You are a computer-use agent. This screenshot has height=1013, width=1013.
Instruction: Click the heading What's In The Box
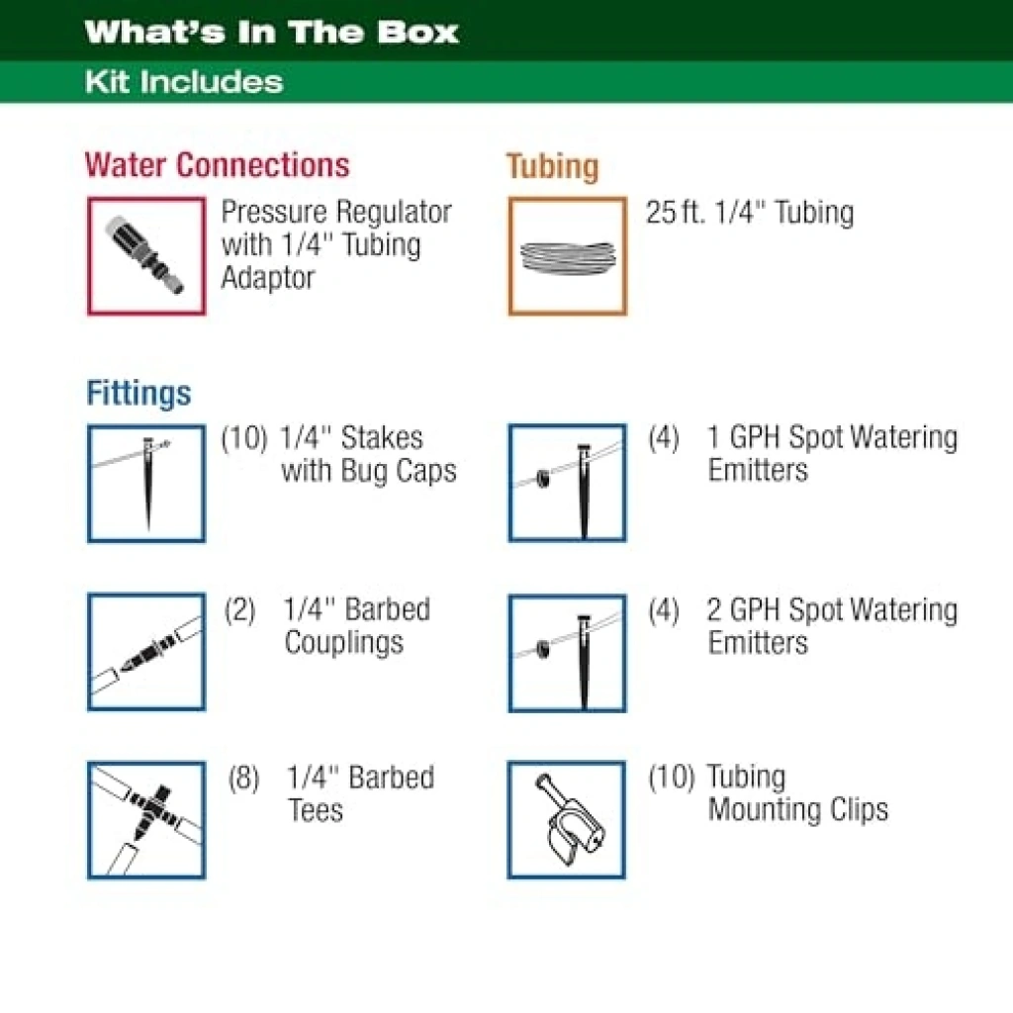click(271, 32)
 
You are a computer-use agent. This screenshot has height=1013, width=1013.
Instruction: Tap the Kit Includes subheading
click(184, 82)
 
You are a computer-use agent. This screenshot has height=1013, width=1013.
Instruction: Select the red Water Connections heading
click(217, 165)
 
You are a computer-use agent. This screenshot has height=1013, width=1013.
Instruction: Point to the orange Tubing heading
click(552, 166)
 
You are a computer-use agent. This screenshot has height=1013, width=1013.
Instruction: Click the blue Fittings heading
click(138, 393)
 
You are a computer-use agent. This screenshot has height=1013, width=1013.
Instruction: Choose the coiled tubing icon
click(567, 256)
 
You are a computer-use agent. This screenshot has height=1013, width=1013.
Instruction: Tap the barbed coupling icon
click(146, 652)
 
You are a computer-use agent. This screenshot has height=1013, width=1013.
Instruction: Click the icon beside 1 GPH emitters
click(567, 483)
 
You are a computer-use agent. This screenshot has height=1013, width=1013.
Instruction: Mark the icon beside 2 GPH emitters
click(567, 653)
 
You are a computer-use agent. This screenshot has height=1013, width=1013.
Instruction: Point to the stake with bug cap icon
click(146, 483)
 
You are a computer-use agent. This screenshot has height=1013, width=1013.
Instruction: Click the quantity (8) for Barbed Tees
click(243, 778)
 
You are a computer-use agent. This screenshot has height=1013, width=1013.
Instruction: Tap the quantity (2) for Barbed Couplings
click(240, 609)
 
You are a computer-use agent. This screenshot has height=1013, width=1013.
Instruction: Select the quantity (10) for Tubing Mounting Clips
click(672, 777)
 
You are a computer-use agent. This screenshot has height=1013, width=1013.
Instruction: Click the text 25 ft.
click(675, 212)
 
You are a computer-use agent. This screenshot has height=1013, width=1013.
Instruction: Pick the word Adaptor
click(268, 278)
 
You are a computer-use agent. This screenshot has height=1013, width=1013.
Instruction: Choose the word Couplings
click(343, 643)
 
